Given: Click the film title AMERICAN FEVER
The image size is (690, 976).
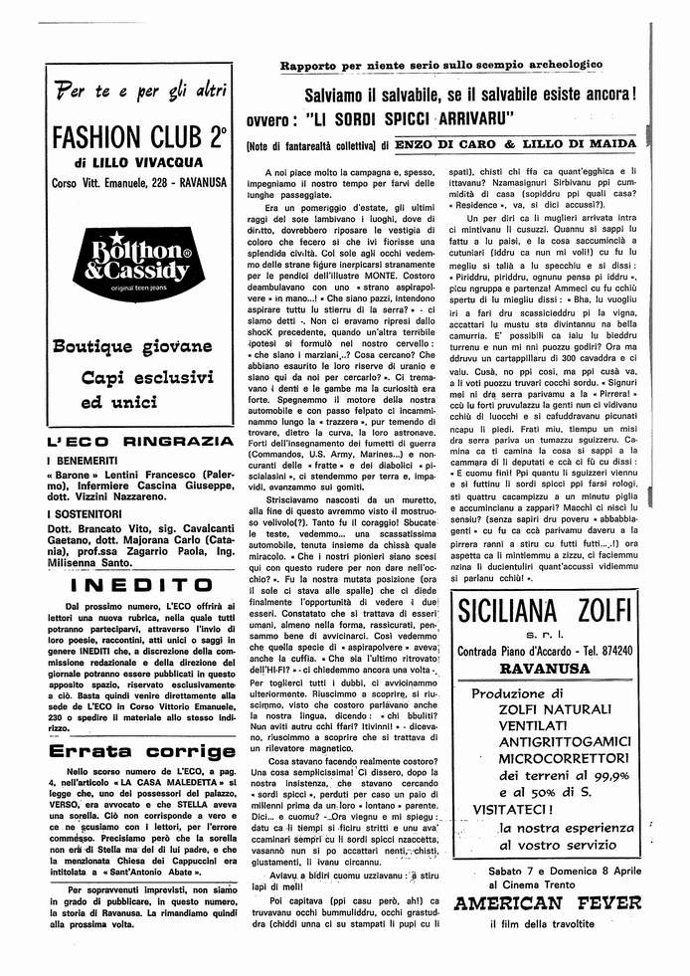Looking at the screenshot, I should click(x=546, y=903).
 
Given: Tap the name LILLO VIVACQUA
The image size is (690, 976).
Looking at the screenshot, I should click(x=147, y=162).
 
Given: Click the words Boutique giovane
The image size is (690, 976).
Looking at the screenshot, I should click(x=132, y=346).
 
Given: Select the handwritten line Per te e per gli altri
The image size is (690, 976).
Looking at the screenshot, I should click(x=141, y=93).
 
